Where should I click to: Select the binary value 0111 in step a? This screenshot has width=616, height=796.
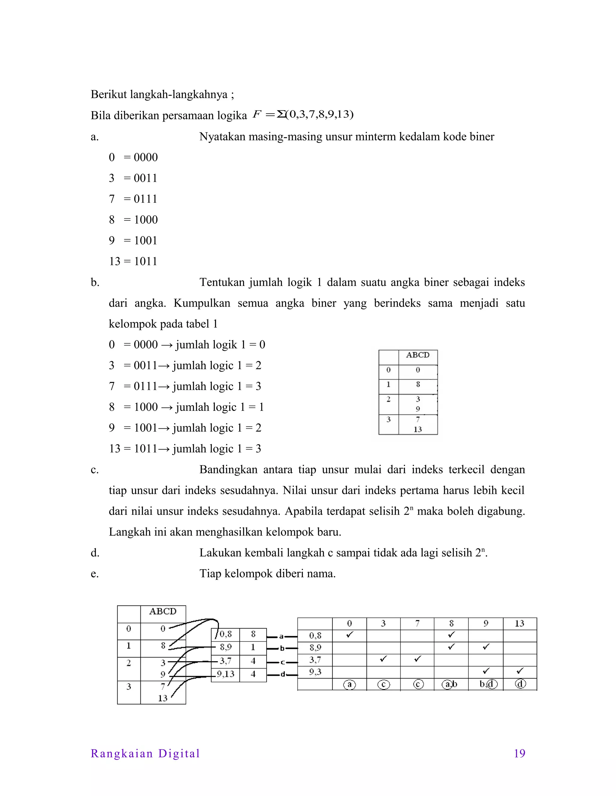[146, 199]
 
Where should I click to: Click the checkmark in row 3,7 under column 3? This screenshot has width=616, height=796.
[383, 659]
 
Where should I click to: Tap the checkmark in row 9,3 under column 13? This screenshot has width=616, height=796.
[520, 671]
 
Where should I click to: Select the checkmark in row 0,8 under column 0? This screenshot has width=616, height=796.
[350, 634]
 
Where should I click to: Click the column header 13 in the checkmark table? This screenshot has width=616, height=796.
[520, 623]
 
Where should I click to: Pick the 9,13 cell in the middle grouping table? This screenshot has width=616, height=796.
[226, 674]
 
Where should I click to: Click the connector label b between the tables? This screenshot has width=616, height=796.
[282, 649]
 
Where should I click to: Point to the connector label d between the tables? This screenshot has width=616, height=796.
[282, 675]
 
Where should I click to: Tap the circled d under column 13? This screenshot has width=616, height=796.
[520, 684]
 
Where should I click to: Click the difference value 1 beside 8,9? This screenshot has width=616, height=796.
[253, 647]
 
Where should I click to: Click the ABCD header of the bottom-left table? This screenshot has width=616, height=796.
[163, 611]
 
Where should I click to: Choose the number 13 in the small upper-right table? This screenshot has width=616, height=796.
[417, 429]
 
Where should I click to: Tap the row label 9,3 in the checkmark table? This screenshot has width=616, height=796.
[315, 671]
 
